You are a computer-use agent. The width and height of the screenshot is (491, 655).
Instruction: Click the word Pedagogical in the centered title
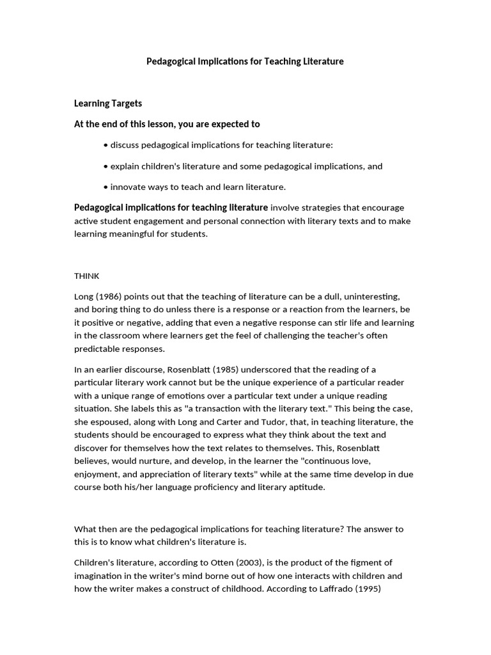(171, 61)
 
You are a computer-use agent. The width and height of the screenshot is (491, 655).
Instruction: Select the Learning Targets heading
(108, 103)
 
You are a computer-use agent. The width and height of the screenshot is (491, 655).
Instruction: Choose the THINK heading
(87, 276)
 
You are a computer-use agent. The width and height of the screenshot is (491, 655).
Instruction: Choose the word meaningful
(137, 234)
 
